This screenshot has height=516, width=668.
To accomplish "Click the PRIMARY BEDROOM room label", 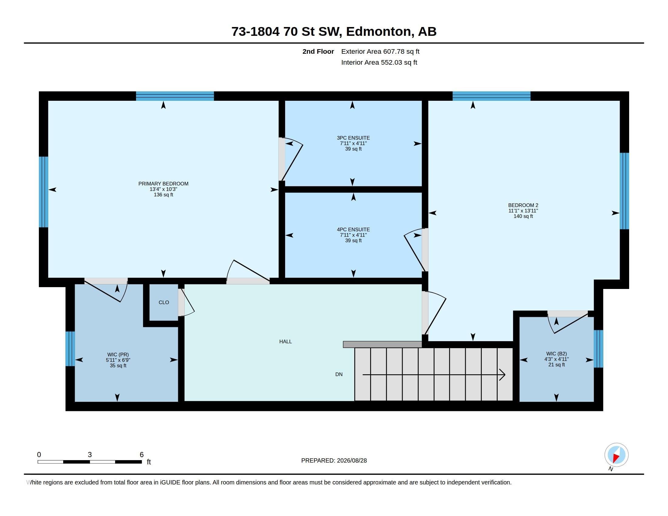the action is coord(163,184).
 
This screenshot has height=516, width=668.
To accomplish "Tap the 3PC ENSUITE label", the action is coord(353,138).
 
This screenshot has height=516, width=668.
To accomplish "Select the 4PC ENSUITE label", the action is coord(353,229).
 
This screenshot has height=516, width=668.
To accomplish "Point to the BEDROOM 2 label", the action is coord(523,205).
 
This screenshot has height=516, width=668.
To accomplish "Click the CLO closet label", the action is coord(164,302).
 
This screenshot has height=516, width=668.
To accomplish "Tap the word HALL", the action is coord(285,341).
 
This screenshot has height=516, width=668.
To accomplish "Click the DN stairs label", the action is coord(339,374).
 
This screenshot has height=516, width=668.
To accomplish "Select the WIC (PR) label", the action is coord(118,355).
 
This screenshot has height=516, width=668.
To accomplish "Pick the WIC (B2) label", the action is coord(556,354).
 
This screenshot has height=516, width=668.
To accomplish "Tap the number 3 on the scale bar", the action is coord(90,455).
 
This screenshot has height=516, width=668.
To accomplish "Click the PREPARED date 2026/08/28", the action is coord(352,460).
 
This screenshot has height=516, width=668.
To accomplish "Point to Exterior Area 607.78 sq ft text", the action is coord(380,51).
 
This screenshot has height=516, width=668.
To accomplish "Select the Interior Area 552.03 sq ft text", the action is coord(379,62).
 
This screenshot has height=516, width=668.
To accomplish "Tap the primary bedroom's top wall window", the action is coord(175,96).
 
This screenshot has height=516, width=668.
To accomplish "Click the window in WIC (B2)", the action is coord(598,348).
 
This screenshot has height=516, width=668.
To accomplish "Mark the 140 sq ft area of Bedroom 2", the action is coord(523,216).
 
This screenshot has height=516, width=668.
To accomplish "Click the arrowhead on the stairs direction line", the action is coord(502,375).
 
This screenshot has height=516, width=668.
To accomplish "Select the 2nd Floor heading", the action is coord(318,51).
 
